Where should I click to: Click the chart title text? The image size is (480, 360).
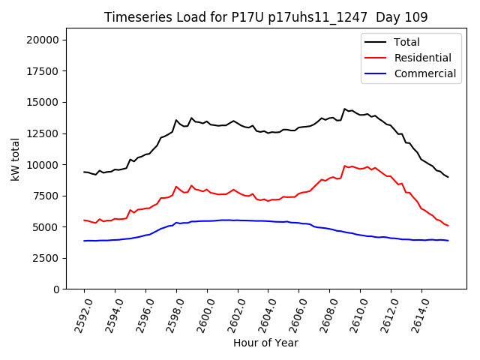(265, 17)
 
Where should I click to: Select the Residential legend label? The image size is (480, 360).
(423, 58)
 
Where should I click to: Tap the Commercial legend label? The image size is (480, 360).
(425, 73)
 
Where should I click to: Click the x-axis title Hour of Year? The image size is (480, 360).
(265, 343)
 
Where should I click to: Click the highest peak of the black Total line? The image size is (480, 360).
(345, 109)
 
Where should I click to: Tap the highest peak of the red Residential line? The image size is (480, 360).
(345, 166)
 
